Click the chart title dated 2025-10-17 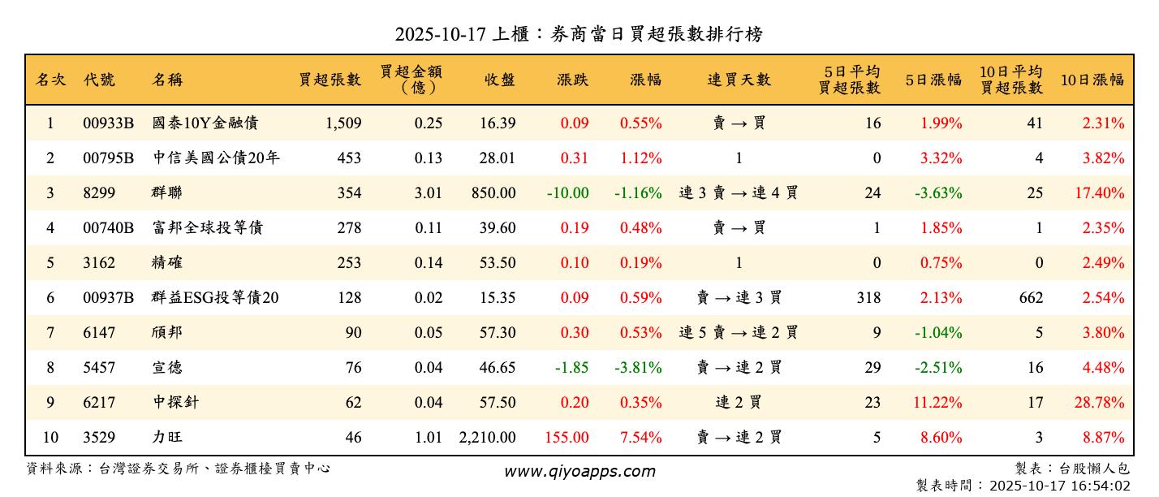[x=579, y=34]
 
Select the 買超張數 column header [x=330, y=80]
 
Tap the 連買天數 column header [x=739, y=80]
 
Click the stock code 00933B [x=108, y=123]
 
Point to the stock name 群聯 [x=167, y=193]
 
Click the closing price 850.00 [x=493, y=193]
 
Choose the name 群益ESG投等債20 [x=215, y=298]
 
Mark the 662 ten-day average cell [x=1031, y=298]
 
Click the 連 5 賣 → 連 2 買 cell [x=739, y=333]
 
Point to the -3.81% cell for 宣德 [x=639, y=368]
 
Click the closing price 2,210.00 [x=487, y=438]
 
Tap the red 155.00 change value [x=567, y=438]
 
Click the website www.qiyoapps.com [x=579, y=471]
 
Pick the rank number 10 [x=50, y=438]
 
